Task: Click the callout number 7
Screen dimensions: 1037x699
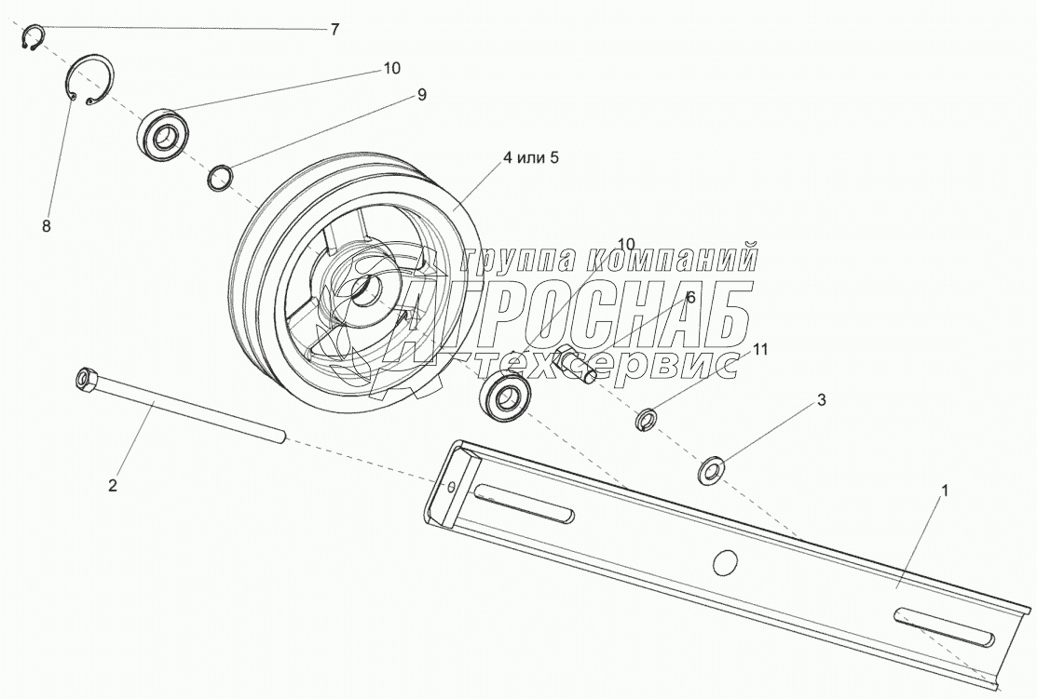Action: pyautogui.click(x=334, y=30)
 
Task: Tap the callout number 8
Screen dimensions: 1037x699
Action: pyautogui.click(x=47, y=226)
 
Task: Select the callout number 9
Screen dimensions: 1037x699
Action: pyautogui.click(x=421, y=95)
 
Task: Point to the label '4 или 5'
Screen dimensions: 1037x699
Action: pyautogui.click(x=530, y=158)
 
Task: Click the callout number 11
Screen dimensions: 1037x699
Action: pyautogui.click(x=760, y=349)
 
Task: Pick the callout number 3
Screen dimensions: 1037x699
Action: pyautogui.click(x=822, y=399)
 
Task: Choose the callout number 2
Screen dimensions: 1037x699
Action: pyautogui.click(x=113, y=486)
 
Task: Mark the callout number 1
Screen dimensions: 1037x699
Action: pyautogui.click(x=945, y=491)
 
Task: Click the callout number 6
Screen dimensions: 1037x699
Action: pyautogui.click(x=690, y=297)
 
